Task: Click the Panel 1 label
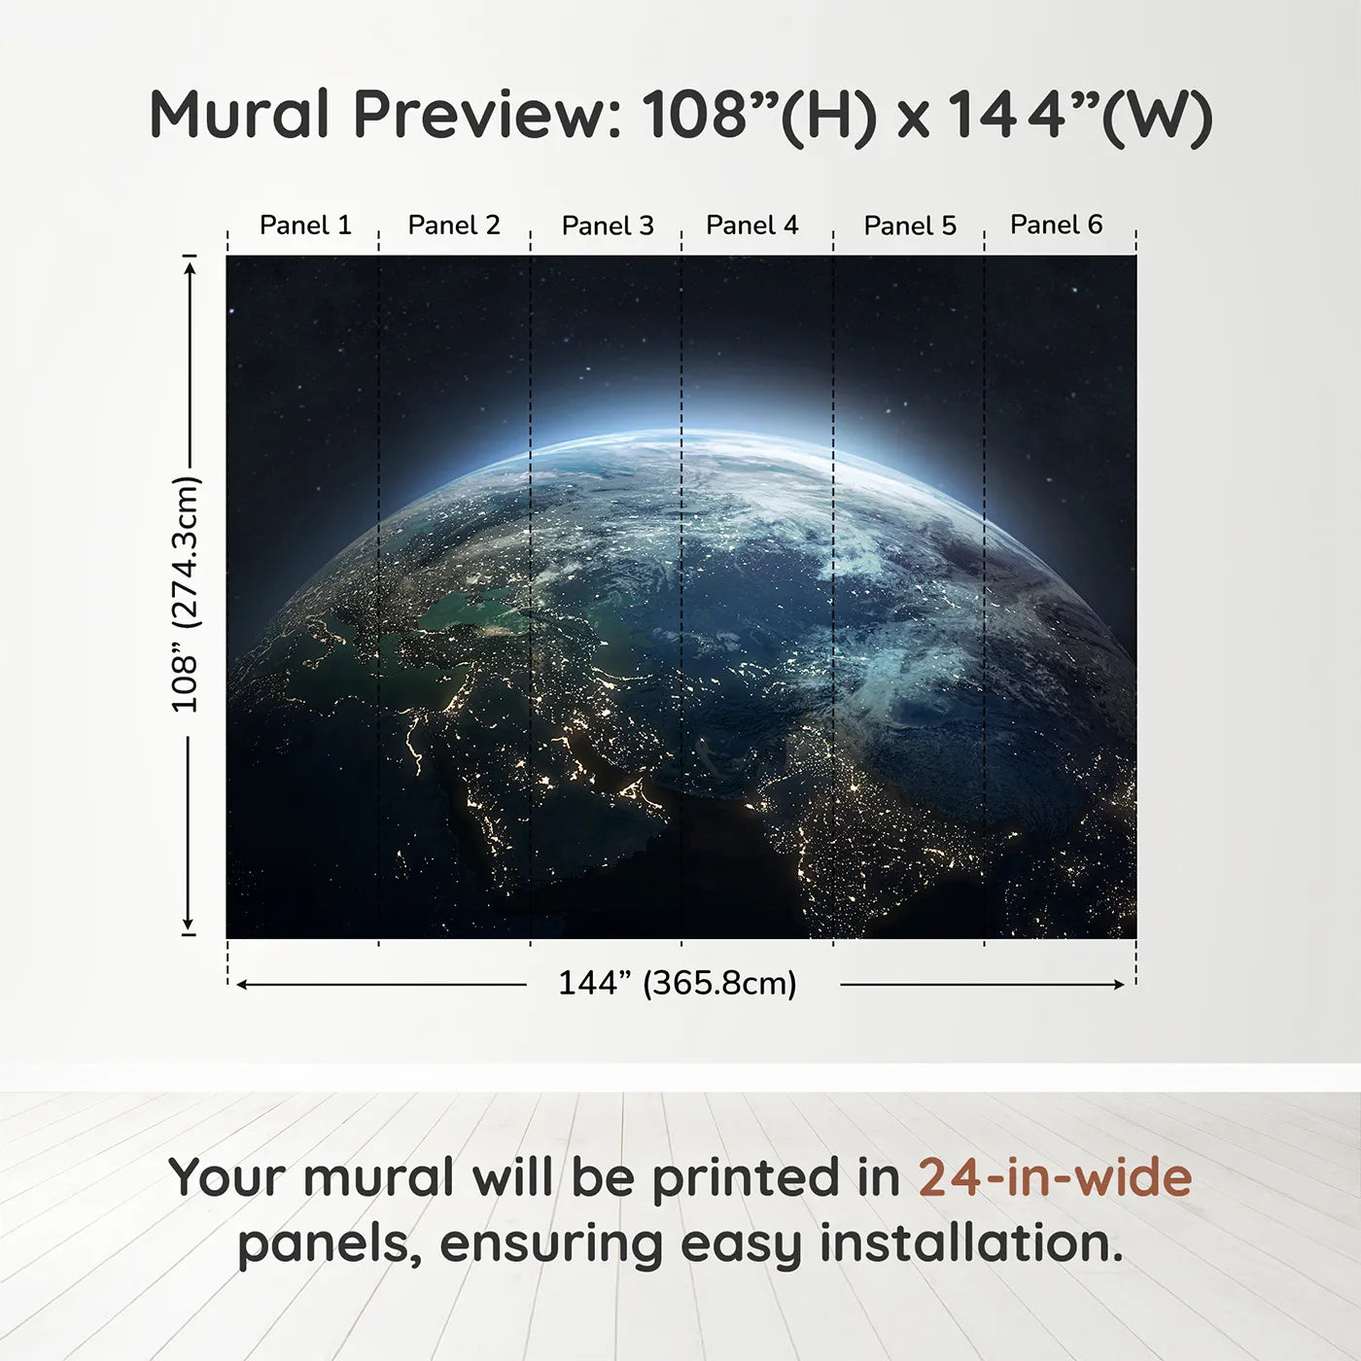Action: point(304,226)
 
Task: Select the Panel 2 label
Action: point(453,226)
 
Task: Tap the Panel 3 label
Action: point(608,226)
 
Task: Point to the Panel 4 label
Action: point(751,226)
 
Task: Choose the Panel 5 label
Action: point(910,226)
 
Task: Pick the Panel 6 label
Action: point(1056,226)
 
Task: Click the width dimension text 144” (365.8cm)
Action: point(677,984)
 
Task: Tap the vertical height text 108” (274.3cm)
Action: point(185,594)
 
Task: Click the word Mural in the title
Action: point(239,115)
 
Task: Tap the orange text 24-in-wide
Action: point(1055,1178)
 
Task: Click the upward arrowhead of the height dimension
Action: point(190,265)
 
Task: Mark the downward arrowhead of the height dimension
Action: point(189,925)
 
